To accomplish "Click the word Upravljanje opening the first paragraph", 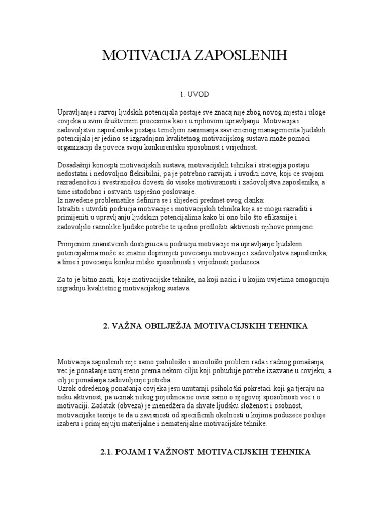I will click(x=75, y=112).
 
